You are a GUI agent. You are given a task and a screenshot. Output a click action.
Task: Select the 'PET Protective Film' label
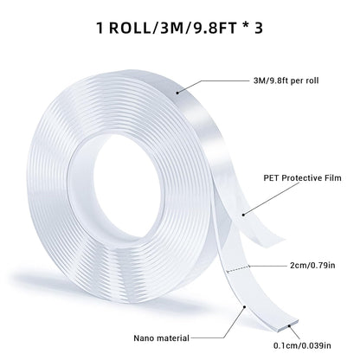pos(308,180)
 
